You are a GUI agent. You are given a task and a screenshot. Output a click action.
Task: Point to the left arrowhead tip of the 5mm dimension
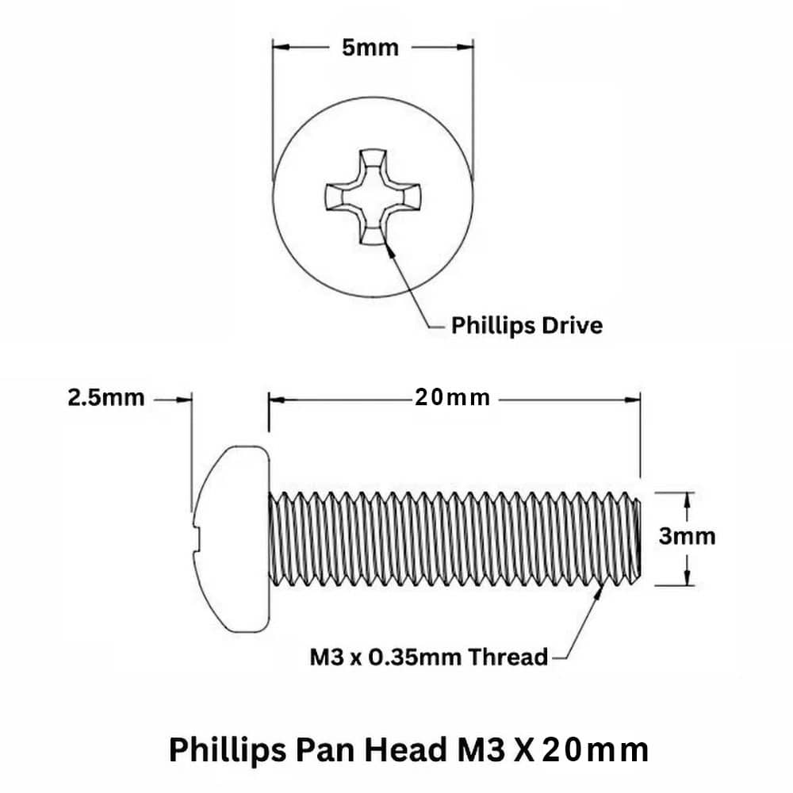[273, 47]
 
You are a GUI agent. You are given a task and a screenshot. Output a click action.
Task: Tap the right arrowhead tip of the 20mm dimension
[640, 400]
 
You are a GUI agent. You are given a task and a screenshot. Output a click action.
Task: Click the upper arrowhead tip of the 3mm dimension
[687, 492]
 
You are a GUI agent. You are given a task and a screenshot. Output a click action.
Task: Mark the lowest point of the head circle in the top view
[373, 297]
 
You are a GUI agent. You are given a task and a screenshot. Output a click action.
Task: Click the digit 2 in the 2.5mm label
[75, 398]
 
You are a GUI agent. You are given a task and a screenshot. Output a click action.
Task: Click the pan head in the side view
[231, 539]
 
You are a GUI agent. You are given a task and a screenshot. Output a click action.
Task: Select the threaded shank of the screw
[454, 539]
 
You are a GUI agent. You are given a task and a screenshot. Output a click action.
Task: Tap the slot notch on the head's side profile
[197, 539]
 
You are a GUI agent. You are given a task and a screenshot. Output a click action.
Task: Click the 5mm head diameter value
[370, 48]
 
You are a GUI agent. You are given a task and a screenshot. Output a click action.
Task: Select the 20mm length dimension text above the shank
[452, 398]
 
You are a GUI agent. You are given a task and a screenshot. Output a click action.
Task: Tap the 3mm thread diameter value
[687, 537]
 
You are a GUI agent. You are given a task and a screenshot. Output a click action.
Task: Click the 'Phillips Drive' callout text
[527, 326]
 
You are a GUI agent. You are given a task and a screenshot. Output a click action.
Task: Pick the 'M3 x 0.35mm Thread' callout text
[429, 657]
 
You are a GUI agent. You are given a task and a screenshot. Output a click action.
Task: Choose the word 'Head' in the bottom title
[405, 749]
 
